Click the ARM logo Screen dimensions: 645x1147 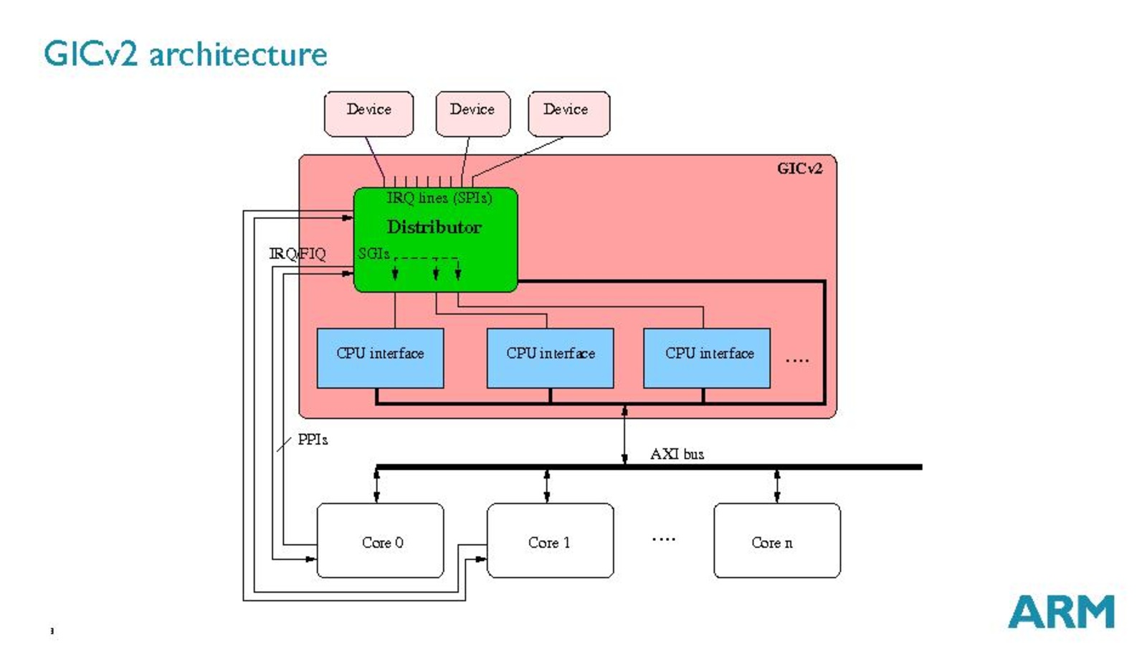click(x=1061, y=612)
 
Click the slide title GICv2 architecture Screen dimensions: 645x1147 click(x=186, y=55)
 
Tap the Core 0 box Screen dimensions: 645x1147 click(x=380, y=541)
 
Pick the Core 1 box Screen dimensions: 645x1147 click(x=550, y=541)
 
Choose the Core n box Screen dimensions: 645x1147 click(x=776, y=541)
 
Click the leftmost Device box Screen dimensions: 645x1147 click(x=368, y=113)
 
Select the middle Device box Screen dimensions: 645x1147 click(x=472, y=113)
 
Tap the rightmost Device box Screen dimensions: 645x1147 click(x=568, y=113)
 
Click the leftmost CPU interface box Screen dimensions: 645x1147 click(x=380, y=358)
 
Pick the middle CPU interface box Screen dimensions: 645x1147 click(x=550, y=358)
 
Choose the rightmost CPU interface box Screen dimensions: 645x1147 click(x=706, y=358)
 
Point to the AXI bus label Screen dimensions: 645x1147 click(x=677, y=454)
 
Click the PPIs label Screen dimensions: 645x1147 click(x=313, y=440)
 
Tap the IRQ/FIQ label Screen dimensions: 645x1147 click(x=298, y=254)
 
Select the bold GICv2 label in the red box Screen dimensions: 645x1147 click(x=799, y=169)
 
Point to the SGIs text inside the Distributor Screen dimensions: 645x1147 click(x=373, y=253)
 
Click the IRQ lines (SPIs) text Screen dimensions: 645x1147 click(x=439, y=198)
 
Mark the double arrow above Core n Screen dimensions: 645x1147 click(x=777, y=486)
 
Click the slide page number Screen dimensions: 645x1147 click(x=52, y=631)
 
